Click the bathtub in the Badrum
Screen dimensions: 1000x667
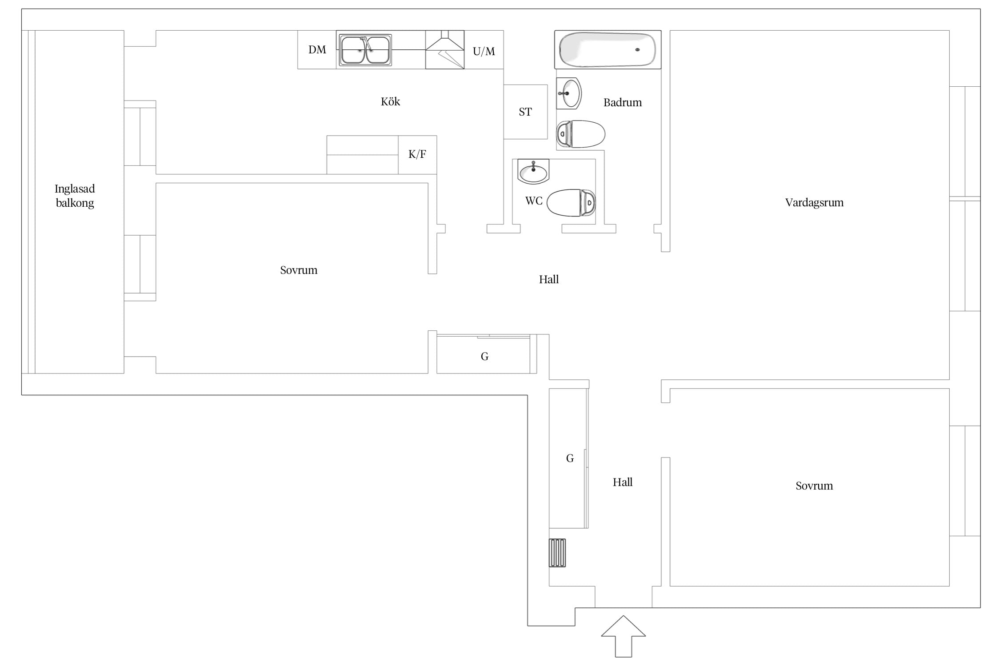608,49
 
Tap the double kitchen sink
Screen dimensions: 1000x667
365,50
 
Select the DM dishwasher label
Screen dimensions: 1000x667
317,50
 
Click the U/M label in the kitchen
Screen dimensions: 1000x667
484,52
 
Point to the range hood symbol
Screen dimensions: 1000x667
445,49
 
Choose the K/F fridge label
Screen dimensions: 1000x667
417,154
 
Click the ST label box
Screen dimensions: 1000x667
525,112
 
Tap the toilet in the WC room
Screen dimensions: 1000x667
571,203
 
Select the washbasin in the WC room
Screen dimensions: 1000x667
533,172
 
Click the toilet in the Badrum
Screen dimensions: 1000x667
581,134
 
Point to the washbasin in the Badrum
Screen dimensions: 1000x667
569,93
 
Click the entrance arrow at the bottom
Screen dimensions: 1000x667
624,636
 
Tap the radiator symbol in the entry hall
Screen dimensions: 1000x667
557,553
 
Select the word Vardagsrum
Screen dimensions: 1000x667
814,203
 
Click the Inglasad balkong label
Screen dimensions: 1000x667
75,196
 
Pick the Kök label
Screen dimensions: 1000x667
390,102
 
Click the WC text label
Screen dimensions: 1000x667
534,201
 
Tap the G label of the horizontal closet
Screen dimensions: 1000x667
484,356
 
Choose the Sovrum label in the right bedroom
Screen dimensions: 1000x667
814,486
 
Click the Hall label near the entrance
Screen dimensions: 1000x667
622,482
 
